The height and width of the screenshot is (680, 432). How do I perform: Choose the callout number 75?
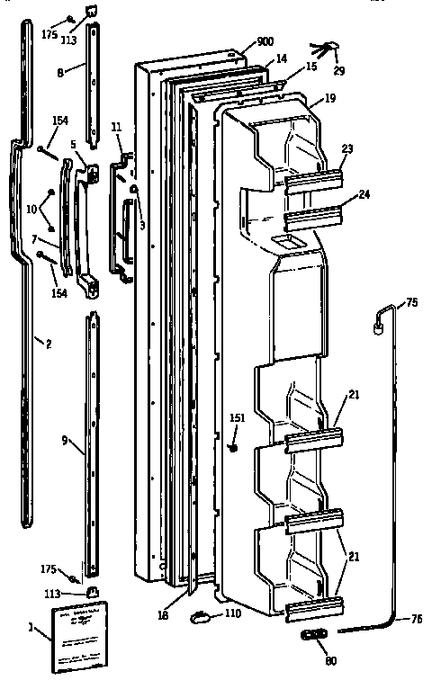412,304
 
